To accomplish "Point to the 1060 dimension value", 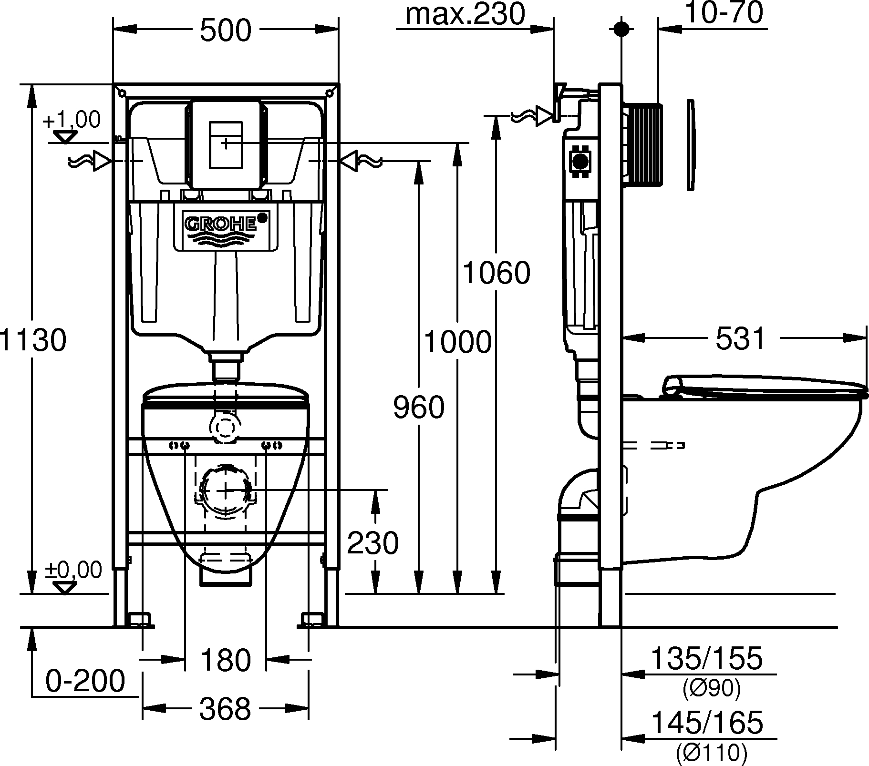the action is tap(497, 273).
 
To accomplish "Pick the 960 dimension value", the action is tap(419, 408).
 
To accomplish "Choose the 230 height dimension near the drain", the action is tap(372, 543).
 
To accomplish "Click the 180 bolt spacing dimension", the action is tap(226, 661).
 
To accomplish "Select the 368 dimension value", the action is tap(225, 709).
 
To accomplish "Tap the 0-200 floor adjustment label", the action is tap(85, 681).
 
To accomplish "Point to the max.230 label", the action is tap(465, 14).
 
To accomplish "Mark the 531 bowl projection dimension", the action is tap(740, 339).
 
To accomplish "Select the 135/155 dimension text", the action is tap(707, 659).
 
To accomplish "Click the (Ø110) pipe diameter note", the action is tap(711, 753).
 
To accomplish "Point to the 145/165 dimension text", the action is tap(707, 723).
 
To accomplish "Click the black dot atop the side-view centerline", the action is tap(621, 29).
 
